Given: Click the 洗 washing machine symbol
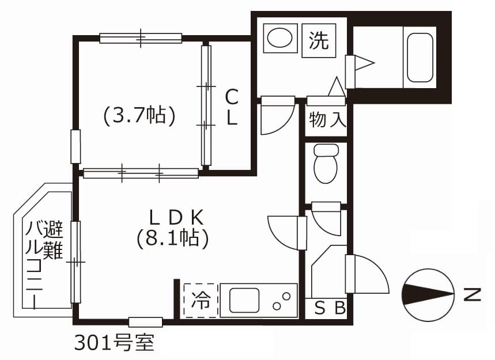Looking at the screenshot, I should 319,40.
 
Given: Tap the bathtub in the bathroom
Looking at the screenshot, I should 420,58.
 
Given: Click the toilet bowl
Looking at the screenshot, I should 326,163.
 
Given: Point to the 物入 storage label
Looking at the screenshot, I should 327,120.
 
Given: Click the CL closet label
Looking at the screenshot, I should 231,107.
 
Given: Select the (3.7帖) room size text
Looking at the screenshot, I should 139,116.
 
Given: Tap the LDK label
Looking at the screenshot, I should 176,217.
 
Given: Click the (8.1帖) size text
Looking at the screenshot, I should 172,237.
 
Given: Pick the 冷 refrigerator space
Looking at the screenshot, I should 201,300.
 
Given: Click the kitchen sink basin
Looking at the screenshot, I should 244,300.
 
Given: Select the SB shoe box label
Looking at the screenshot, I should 330,309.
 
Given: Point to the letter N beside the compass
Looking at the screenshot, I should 473,295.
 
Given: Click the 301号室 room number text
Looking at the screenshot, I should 114,343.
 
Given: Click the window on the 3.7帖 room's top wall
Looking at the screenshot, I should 141,38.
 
